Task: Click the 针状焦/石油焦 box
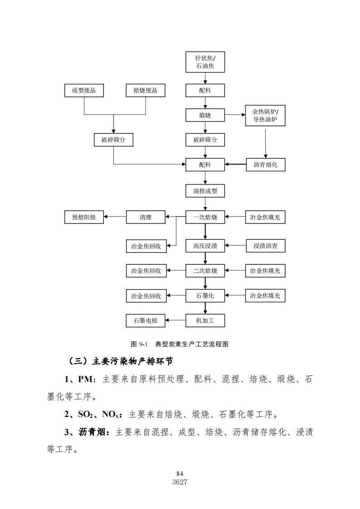[205, 62]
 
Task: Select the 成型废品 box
[84, 90]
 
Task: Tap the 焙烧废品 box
[146, 90]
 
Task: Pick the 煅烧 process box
[205, 115]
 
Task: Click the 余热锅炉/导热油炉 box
[265, 116]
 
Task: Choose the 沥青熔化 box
[265, 165]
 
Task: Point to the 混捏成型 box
[205, 191]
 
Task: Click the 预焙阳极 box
[84, 217]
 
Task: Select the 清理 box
[146, 217]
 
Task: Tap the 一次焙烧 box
[205, 217]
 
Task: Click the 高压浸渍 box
[205, 246]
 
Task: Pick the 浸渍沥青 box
[265, 246]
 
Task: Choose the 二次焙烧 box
[205, 271]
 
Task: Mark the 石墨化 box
[205, 296]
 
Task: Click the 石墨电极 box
[146, 320]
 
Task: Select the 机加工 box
[205, 320]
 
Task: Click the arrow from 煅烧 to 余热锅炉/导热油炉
[235, 115]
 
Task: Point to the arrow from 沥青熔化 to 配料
[235, 165]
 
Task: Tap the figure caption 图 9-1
[139, 344]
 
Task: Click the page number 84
[180, 474]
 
